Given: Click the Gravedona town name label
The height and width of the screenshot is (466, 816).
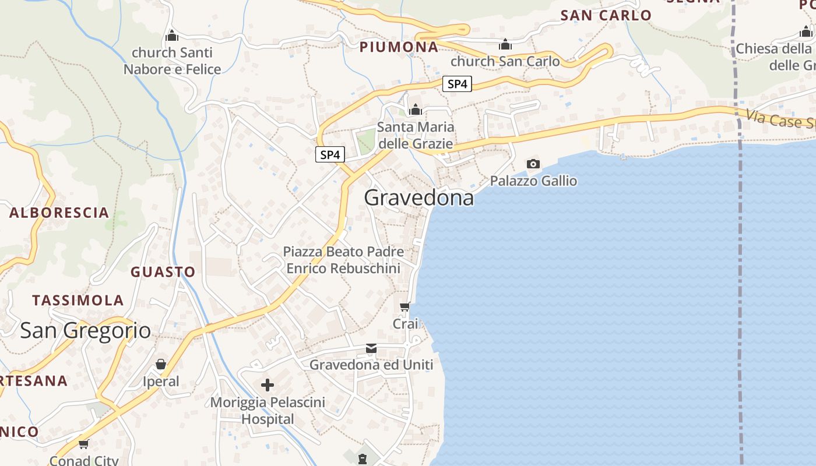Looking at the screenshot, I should tap(418, 198).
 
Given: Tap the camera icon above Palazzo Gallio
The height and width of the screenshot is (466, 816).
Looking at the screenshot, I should tap(533, 164).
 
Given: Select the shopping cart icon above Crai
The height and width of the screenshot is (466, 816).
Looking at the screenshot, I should tap(405, 306).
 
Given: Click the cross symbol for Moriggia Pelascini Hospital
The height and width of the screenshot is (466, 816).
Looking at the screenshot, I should tap(268, 385).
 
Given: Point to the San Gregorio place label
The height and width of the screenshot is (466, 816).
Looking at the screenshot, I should tap(85, 330).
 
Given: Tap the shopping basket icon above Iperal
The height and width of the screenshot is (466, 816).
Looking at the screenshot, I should tap(161, 365).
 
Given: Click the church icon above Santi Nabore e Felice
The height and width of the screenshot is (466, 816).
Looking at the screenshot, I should tap(172, 36).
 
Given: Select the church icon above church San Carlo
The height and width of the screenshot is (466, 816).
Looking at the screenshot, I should tap(505, 44).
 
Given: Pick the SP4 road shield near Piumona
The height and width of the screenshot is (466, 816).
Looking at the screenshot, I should tap(457, 84).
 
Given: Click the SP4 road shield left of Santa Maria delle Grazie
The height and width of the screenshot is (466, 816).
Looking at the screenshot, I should tap(330, 155).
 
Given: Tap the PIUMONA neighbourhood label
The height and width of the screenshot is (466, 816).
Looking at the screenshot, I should tap(399, 47).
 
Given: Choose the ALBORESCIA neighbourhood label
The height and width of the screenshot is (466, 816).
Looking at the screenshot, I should tap(59, 213).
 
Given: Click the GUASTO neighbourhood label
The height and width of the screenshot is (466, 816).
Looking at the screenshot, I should tap(163, 272).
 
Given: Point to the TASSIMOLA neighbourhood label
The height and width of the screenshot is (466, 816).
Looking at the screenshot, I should tap(78, 301).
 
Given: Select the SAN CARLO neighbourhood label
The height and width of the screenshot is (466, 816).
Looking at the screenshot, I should tap(606, 16).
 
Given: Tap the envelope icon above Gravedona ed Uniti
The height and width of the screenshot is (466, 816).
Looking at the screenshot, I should tap(371, 348).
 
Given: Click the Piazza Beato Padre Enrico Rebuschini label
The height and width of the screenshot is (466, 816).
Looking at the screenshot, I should tap(343, 260).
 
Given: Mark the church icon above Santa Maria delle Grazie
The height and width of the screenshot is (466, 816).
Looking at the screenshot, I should tap(415, 110).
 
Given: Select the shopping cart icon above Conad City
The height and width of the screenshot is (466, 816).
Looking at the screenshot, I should tap(84, 444).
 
